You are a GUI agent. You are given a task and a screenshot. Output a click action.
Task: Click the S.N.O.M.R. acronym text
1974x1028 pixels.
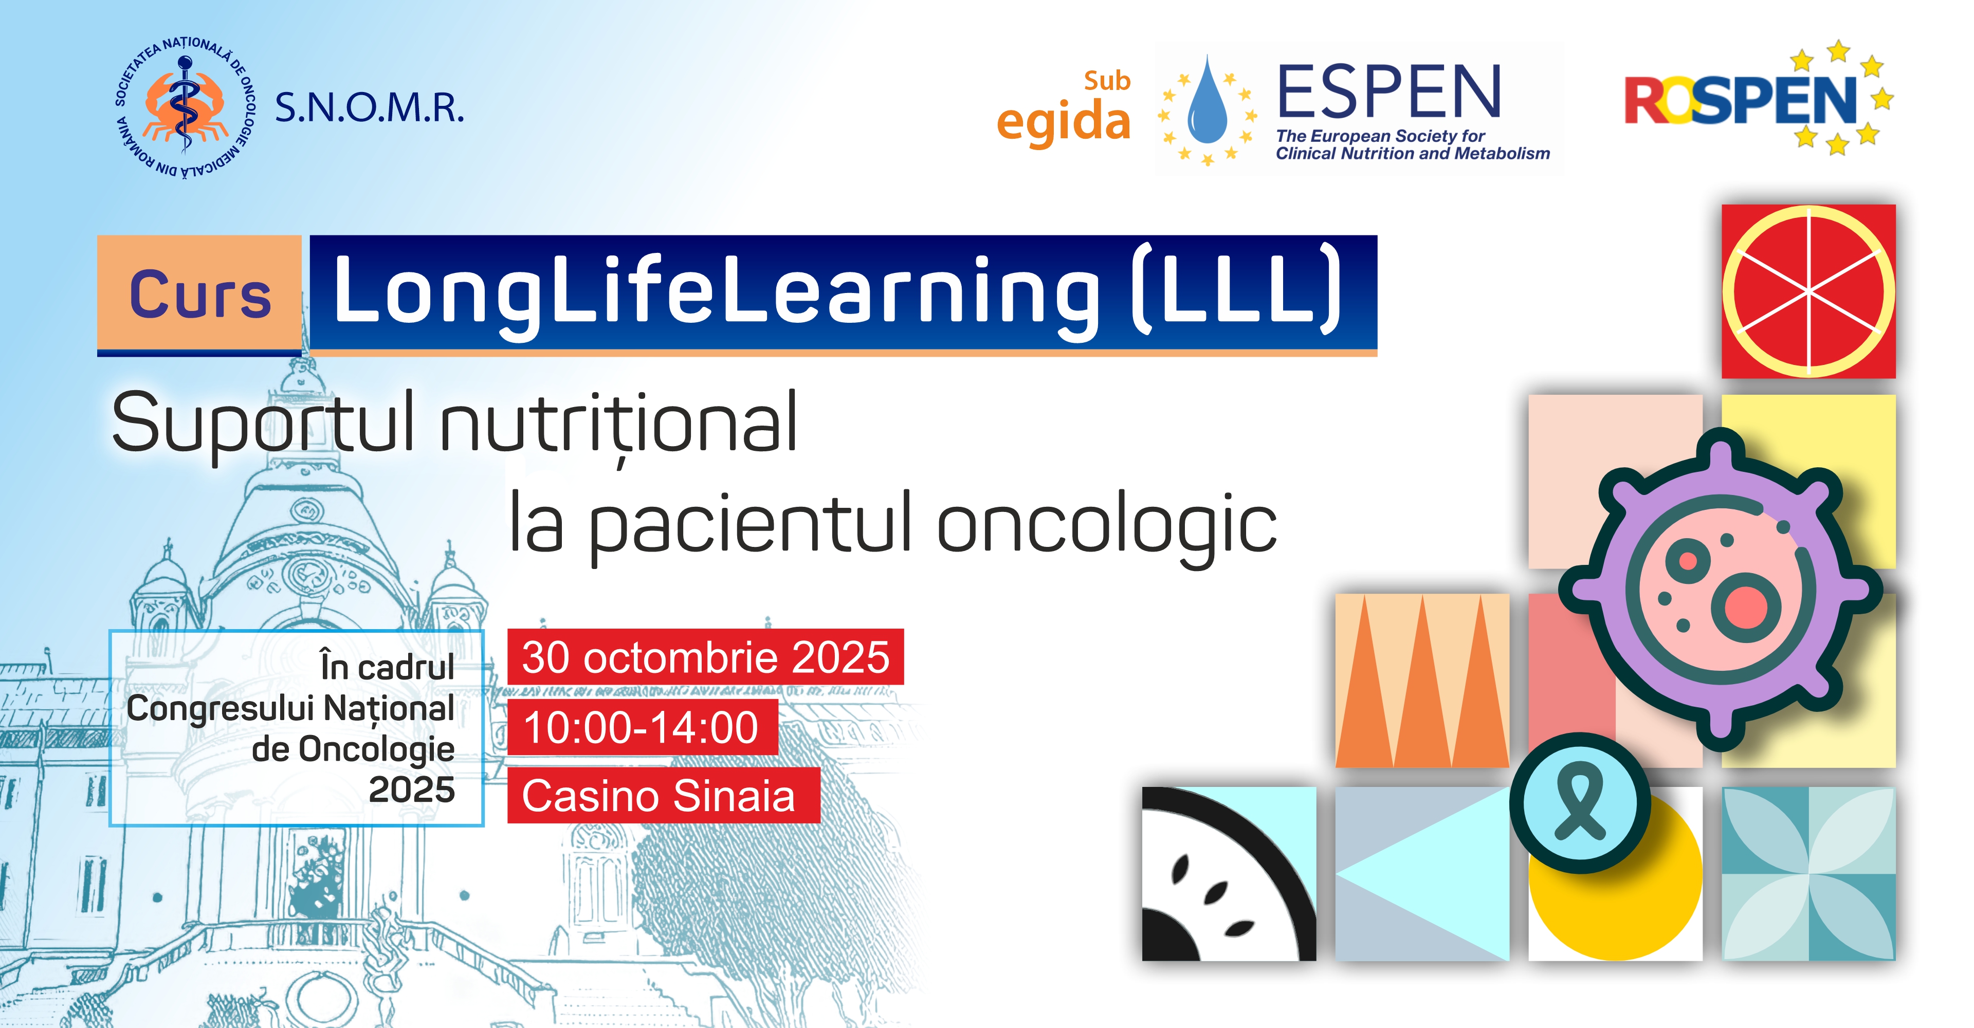pyautogui.click(x=370, y=107)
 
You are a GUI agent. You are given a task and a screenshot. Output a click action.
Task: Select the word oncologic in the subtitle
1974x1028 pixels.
pyautogui.click(x=1107, y=526)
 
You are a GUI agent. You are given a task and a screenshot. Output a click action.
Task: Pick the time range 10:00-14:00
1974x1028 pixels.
pyautogui.click(x=642, y=727)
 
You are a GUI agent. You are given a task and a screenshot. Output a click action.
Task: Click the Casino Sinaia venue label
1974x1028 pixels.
pyautogui.click(x=663, y=796)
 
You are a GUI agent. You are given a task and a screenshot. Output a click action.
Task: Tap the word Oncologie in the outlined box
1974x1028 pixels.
pyautogui.click(x=376, y=750)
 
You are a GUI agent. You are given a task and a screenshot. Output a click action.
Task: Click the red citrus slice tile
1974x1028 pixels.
pyautogui.click(x=1808, y=291)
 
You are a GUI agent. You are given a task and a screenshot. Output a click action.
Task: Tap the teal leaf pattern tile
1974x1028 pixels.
pyautogui.click(x=1808, y=873)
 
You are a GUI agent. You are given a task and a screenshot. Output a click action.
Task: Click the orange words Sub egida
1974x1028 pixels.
pyautogui.click(x=1065, y=108)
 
